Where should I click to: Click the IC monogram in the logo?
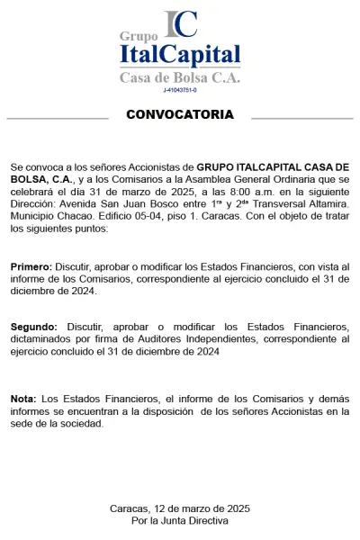pos(180,24)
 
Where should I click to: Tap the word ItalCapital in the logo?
pos(180,56)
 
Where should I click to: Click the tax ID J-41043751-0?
pos(180,90)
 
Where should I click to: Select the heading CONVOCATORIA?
pos(180,114)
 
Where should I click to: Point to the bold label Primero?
pos(31,268)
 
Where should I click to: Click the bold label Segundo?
pos(34,326)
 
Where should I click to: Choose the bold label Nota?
pos(23,399)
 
